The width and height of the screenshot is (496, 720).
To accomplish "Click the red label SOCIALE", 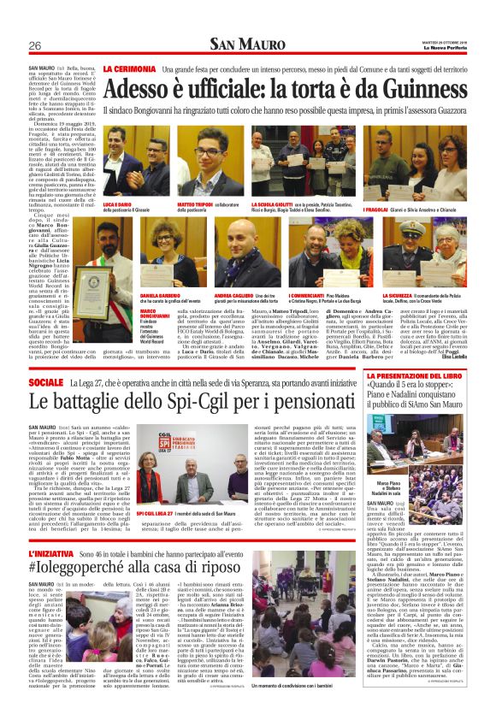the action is [45, 379].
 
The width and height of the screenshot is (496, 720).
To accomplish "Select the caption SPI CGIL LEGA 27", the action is [162, 514].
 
